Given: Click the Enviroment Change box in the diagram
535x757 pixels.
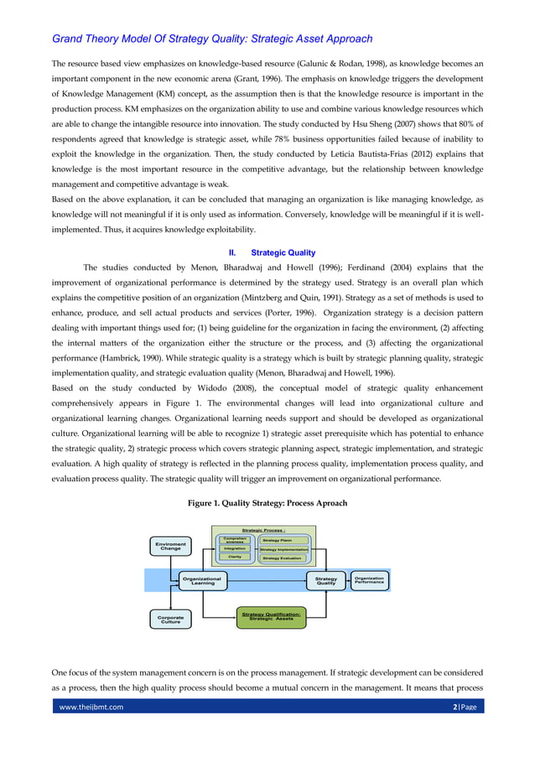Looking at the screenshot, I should pyautogui.click(x=170, y=547).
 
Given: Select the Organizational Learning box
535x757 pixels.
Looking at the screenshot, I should pyautogui.click(x=202, y=580).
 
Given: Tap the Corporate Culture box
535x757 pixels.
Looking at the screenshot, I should pyautogui.click(x=170, y=620).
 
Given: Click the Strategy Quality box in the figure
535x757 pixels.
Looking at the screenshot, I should pyautogui.click(x=325, y=580).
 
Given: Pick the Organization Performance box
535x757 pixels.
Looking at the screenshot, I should pyautogui.click(x=369, y=579).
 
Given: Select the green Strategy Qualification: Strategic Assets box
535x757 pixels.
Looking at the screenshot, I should pyautogui.click(x=271, y=616).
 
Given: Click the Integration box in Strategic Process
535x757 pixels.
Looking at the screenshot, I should pyautogui.click(x=234, y=548).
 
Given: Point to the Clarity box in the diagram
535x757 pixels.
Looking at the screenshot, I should pyautogui.click(x=234, y=557).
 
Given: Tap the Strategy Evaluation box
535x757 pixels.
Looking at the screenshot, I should pyautogui.click(x=282, y=557).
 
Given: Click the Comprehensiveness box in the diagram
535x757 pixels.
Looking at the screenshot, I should pyautogui.click(x=234, y=540).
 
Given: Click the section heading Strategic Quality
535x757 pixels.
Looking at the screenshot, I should pyautogui.click(x=283, y=251).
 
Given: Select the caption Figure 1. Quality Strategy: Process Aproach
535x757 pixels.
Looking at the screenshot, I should pyautogui.click(x=267, y=503).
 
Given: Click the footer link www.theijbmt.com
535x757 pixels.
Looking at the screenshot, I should pyautogui.click(x=90, y=730).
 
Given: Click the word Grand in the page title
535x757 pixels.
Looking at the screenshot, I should pyautogui.click(x=70, y=39).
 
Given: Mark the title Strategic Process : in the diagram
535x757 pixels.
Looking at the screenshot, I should pyautogui.click(x=263, y=531).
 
